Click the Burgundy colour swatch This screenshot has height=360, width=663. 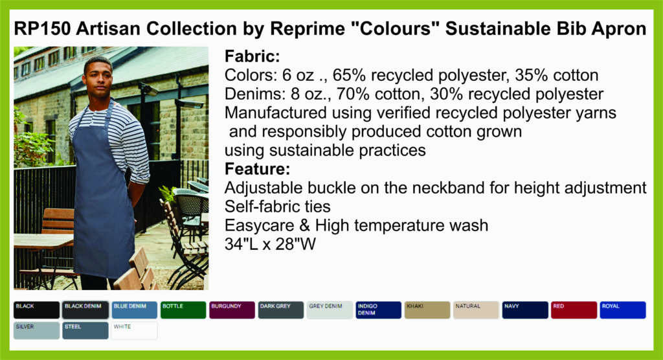pos(232,310)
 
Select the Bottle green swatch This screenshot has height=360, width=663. pos(183,310)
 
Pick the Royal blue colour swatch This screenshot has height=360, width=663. pos(623,310)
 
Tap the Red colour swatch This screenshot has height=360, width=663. pos(574,310)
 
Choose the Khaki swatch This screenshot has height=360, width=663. pos(427,310)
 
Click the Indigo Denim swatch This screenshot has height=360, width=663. pos(378,310)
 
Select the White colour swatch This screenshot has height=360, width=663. pos(135,330)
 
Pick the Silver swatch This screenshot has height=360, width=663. pos(36,330)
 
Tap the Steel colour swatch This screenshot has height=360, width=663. pos(85,330)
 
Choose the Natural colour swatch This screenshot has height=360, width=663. pos(476,310)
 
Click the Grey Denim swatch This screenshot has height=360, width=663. pos(330,310)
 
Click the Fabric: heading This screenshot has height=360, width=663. pos(252,56)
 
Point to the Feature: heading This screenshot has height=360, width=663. pos(257,169)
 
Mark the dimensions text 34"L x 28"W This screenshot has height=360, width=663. pos(270,244)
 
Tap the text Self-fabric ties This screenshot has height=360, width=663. pos(277,207)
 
